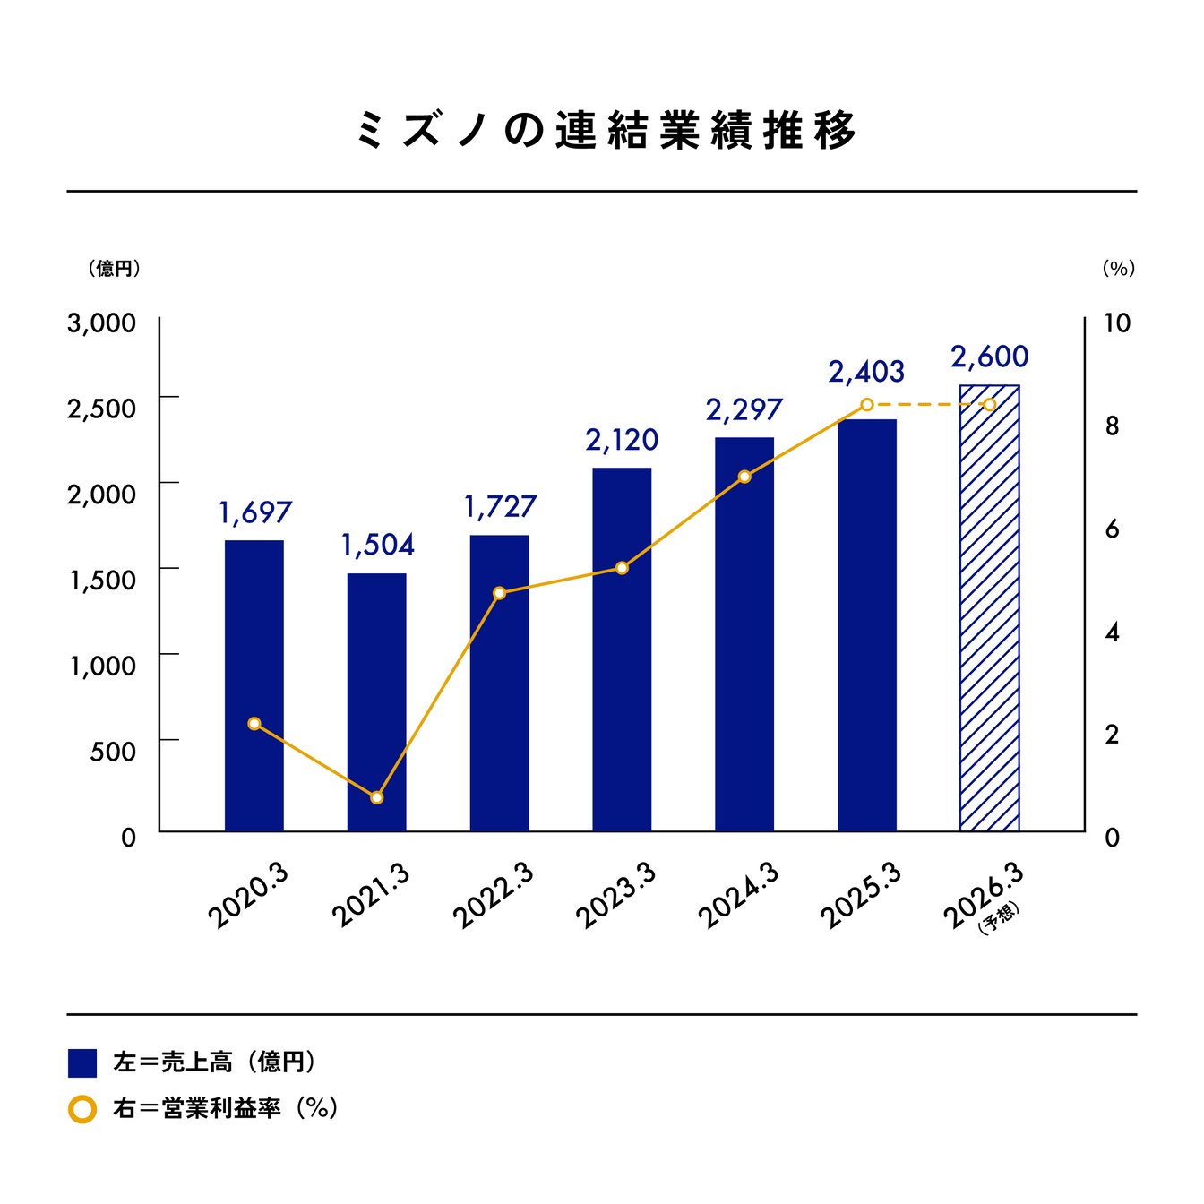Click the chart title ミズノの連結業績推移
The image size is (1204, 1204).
pos(606,131)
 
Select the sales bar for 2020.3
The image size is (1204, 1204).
pos(254,685)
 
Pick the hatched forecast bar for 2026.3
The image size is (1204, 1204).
pos(989,609)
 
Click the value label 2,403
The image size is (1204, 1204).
pos(866,372)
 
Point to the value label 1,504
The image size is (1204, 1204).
pos(377,545)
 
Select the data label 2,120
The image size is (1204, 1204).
pos(622,440)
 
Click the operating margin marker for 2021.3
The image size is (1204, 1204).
pos(377,797)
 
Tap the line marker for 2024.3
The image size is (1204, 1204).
pos(744,477)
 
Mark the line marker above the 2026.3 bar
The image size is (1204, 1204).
pos(989,405)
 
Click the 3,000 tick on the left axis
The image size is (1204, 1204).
pos(102,323)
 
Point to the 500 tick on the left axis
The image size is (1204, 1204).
pos(113,751)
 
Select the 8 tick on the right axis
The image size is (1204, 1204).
pos(1112,426)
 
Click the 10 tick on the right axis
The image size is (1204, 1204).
pos(1116,323)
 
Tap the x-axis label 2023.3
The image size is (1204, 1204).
pos(616,896)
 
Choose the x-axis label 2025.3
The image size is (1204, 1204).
pos(861,896)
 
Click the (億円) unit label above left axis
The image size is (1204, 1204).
pos(114,269)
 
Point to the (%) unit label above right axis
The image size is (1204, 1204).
pos(1118,269)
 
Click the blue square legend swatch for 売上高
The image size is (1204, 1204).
pos(82,1062)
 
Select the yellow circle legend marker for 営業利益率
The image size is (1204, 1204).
pos(82,1110)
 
